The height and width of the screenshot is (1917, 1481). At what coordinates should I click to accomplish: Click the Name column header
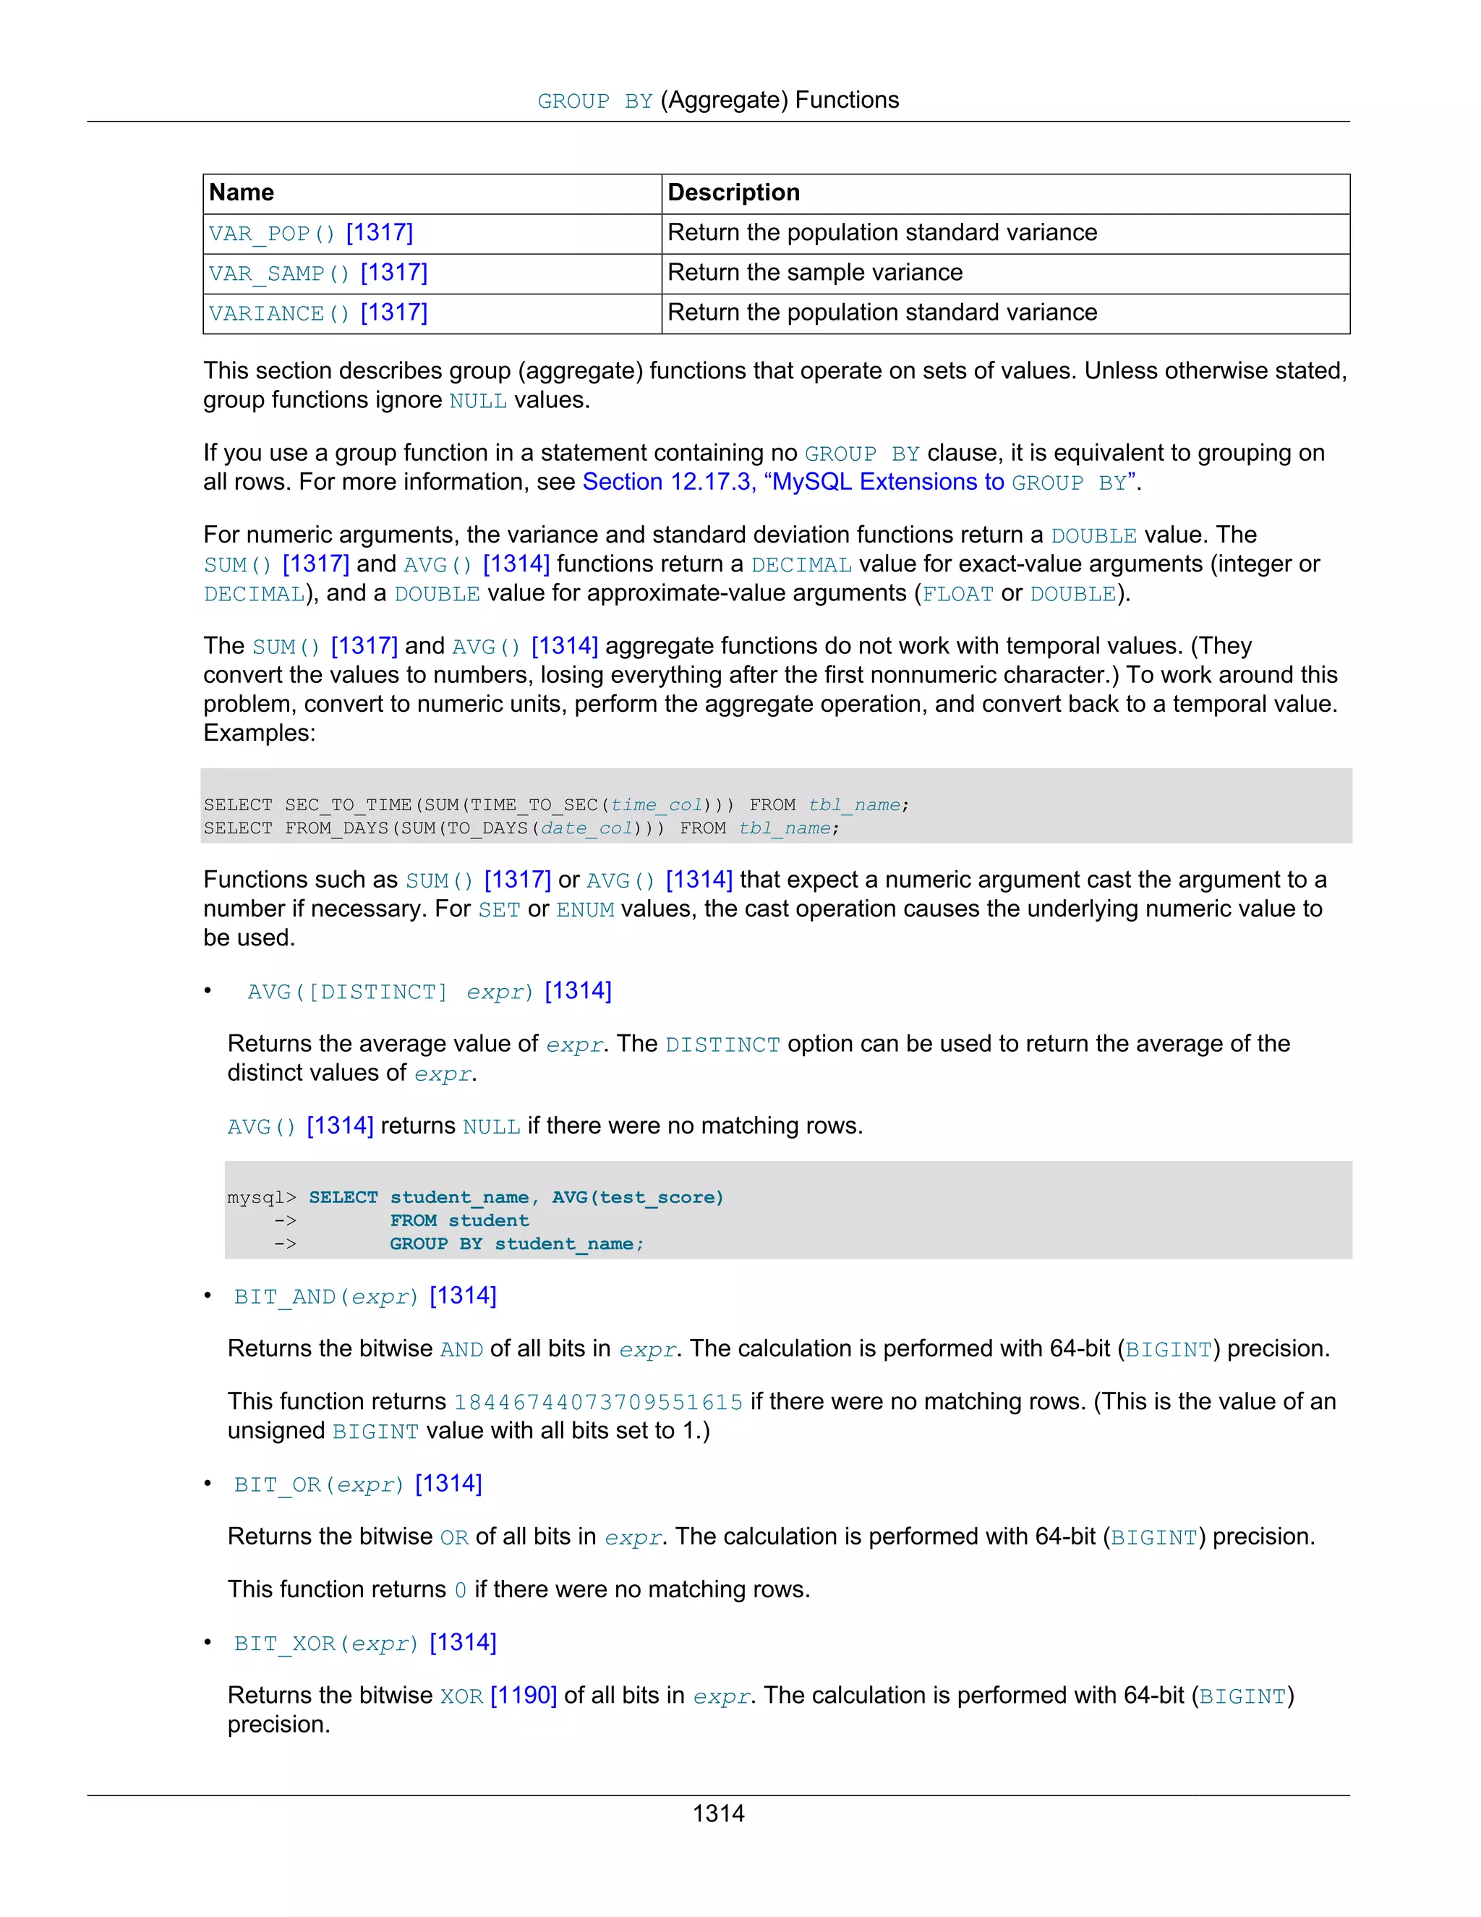242,192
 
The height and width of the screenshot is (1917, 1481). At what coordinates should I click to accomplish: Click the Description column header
733,192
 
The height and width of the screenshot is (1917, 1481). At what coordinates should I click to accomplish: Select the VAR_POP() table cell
310,233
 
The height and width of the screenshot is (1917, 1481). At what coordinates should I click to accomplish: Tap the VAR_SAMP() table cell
317,273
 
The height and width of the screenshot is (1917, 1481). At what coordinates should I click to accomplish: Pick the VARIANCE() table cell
317,313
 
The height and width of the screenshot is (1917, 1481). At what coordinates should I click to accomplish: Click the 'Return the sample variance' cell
815,273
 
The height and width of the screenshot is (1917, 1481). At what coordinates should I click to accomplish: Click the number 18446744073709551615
598,1402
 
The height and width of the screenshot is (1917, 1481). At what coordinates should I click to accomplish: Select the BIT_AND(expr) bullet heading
365,1296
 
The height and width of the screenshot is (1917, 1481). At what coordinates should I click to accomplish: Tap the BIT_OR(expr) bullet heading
358,1484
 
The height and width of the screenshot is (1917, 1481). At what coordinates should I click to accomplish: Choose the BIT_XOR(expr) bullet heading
365,1643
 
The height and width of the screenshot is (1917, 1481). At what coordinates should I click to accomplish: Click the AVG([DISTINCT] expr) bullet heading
429,992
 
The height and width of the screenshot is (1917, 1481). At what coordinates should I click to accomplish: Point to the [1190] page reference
524,1696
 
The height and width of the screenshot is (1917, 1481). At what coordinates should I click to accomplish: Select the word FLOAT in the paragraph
957,594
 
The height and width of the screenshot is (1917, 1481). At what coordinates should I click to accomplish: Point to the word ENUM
585,909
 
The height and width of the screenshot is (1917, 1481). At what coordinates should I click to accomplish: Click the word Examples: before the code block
259,733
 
